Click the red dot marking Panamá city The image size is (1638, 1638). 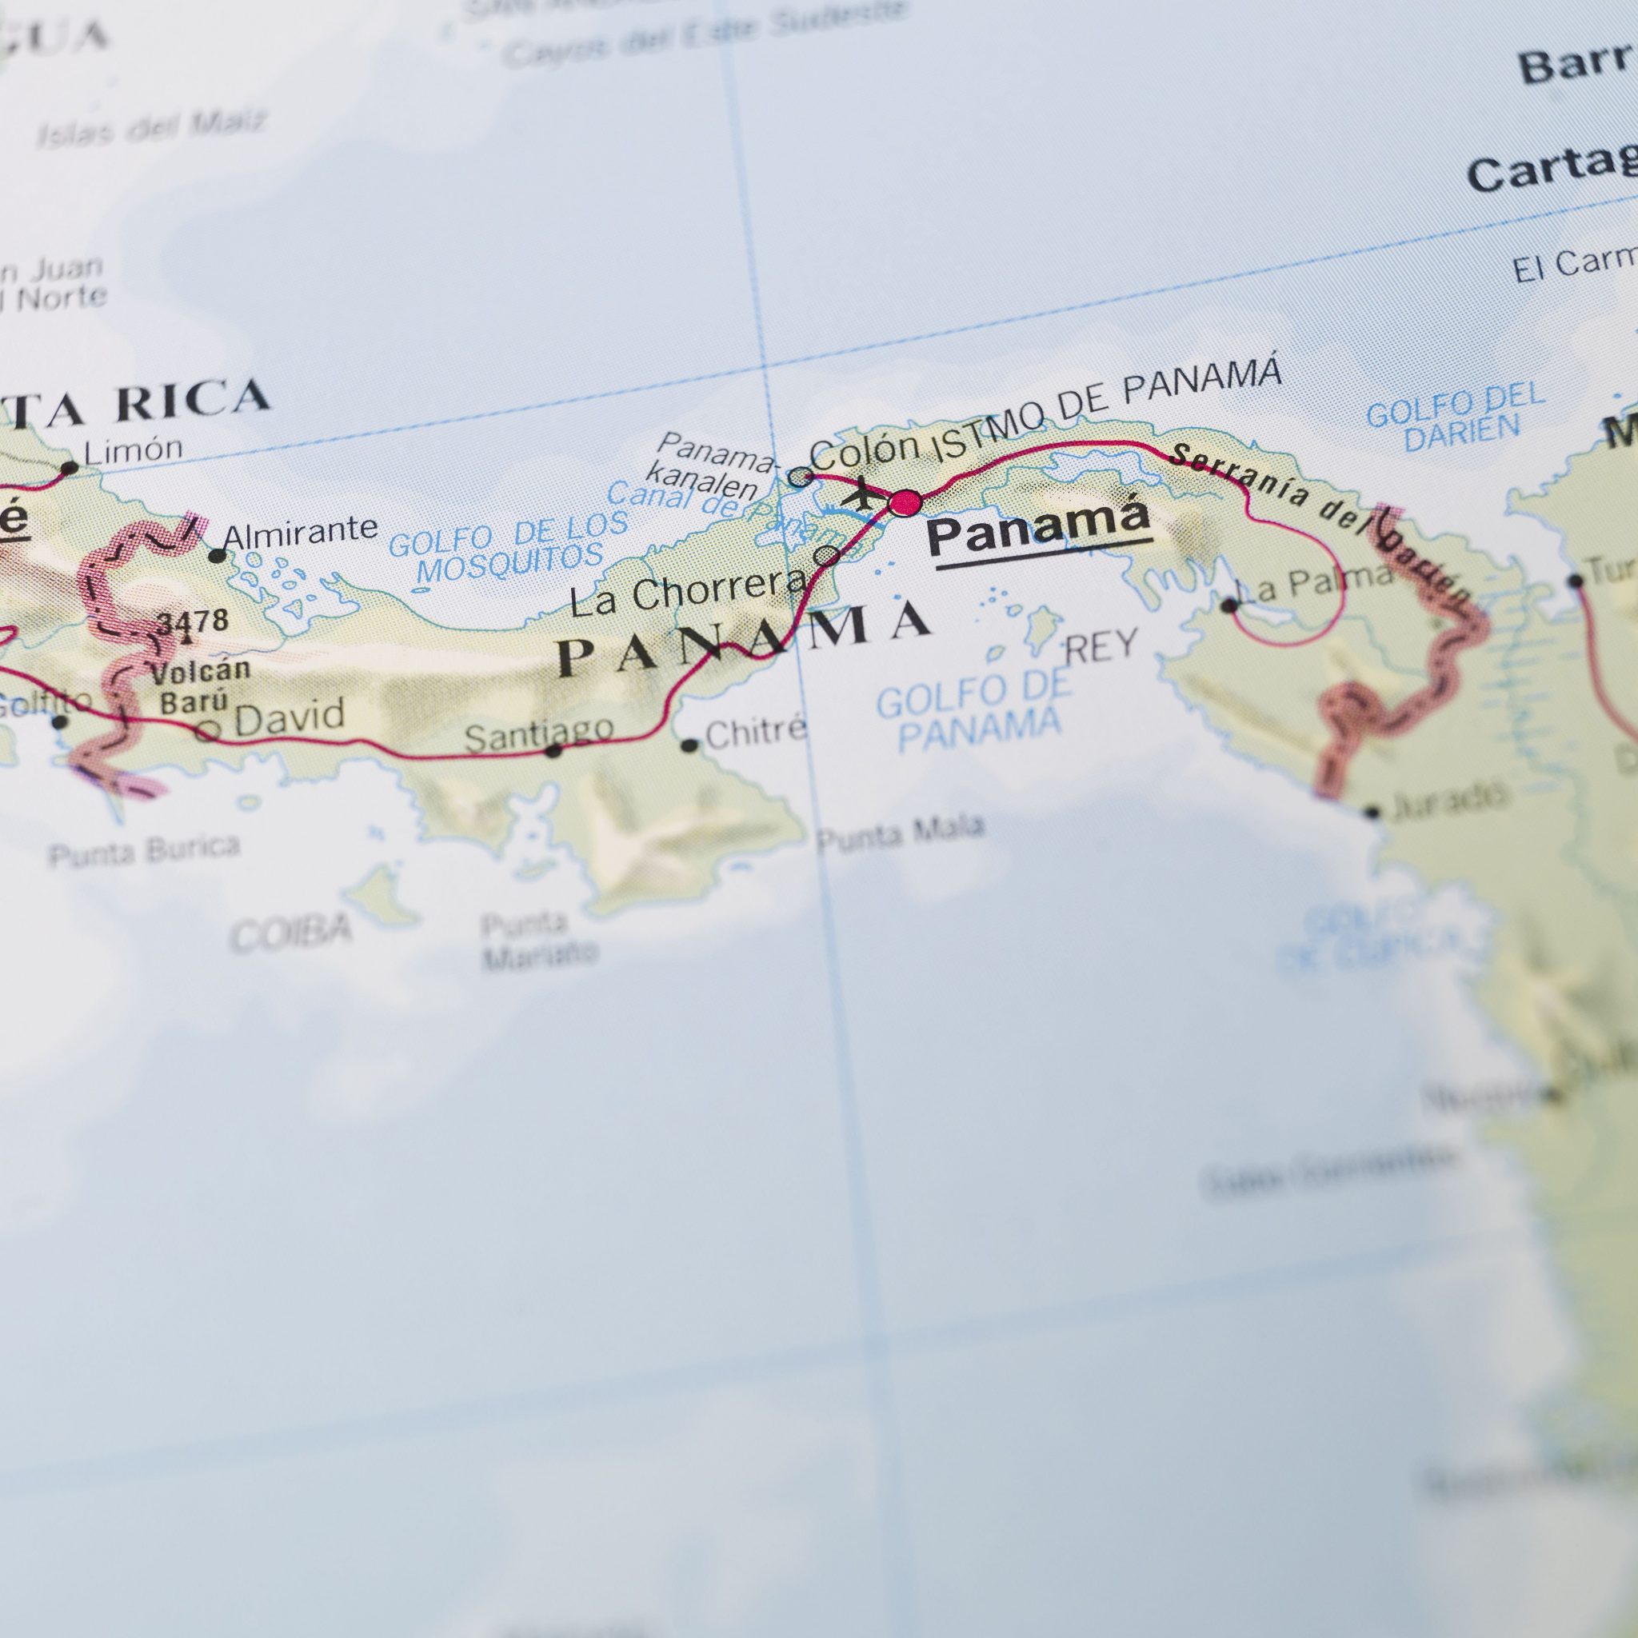(905, 504)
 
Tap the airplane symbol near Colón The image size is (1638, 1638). (861, 493)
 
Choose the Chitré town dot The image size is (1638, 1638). (690, 746)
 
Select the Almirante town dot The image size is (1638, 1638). (218, 556)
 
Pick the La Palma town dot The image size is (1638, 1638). (1228, 605)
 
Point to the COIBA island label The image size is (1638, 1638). (291, 932)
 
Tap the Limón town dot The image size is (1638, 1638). (70, 467)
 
